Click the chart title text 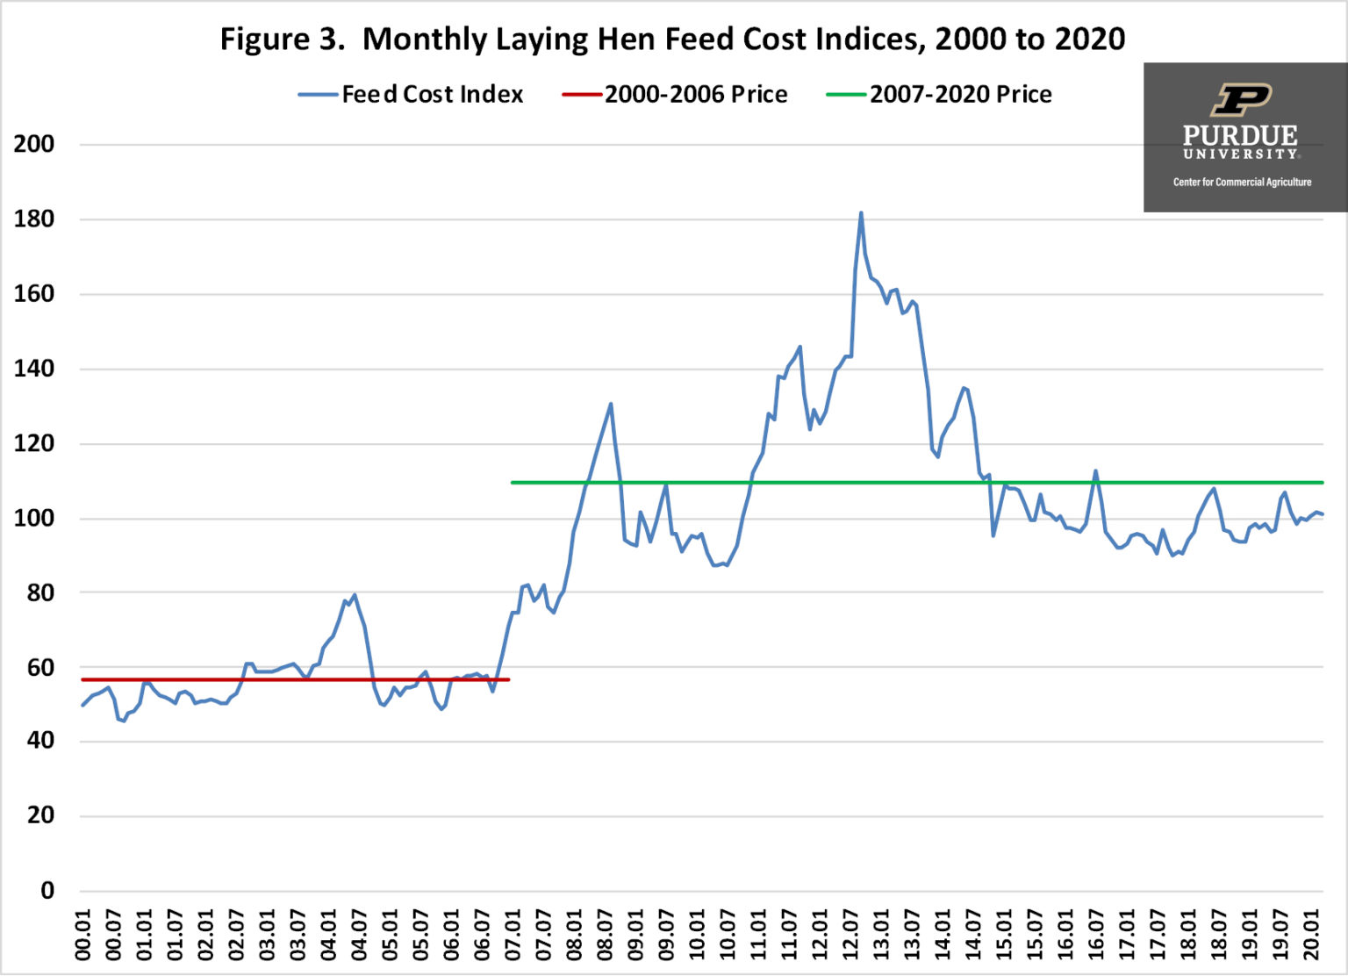click(672, 39)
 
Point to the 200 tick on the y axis click(34, 144)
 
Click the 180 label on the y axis click(34, 219)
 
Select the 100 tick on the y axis click(34, 518)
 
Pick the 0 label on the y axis click(47, 890)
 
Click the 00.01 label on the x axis click(83, 935)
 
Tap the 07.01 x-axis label click(513, 935)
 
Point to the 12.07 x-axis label click(850, 935)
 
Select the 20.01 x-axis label click(1311, 935)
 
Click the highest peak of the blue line click(861, 212)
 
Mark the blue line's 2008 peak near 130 click(611, 404)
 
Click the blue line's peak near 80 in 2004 click(355, 595)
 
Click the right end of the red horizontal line click(508, 679)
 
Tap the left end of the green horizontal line click(513, 483)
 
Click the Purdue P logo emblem click(1240, 99)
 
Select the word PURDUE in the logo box click(1239, 135)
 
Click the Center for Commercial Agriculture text click(1242, 182)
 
